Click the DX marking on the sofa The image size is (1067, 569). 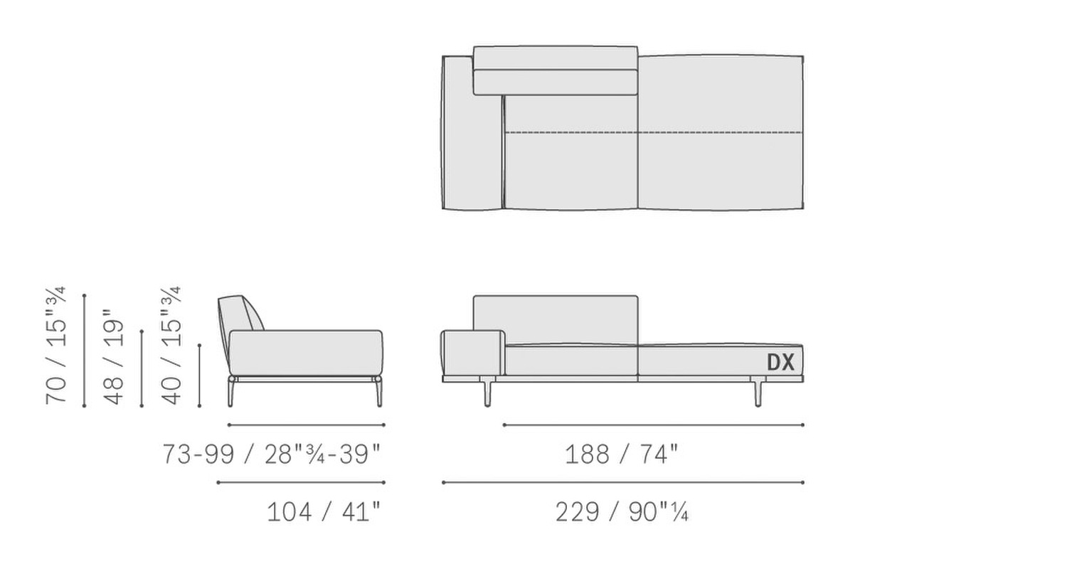pyautogui.click(x=781, y=362)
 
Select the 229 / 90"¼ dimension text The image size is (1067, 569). pyautogui.click(x=622, y=512)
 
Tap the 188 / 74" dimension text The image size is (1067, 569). pyautogui.click(x=621, y=454)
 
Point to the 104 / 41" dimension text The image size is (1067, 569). pyautogui.click(x=324, y=512)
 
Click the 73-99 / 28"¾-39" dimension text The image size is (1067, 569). pyautogui.click(x=272, y=454)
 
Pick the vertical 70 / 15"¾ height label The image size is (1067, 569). pyautogui.click(x=56, y=346)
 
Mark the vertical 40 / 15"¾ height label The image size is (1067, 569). pyautogui.click(x=171, y=346)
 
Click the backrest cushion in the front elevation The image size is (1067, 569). pyautogui.click(x=556, y=319)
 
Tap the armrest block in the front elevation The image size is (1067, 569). pyautogui.click(x=472, y=353)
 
